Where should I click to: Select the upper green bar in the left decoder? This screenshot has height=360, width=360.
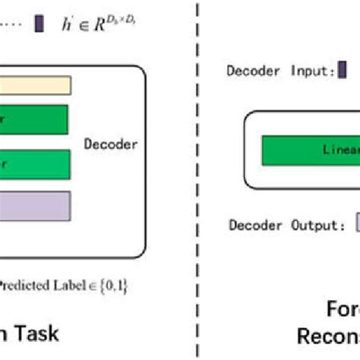(33, 119)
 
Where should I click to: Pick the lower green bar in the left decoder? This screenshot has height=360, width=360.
(34, 163)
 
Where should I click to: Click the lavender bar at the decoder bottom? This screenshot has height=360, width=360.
(34, 206)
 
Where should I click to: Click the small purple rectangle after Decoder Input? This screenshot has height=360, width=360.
(343, 71)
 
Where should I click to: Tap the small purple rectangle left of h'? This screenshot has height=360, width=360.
(39, 27)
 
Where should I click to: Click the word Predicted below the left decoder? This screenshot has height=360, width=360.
(22, 286)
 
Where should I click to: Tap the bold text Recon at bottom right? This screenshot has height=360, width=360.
(327, 336)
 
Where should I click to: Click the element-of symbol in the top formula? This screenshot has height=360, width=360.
(84, 28)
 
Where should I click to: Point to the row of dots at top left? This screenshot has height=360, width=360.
(14, 27)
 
